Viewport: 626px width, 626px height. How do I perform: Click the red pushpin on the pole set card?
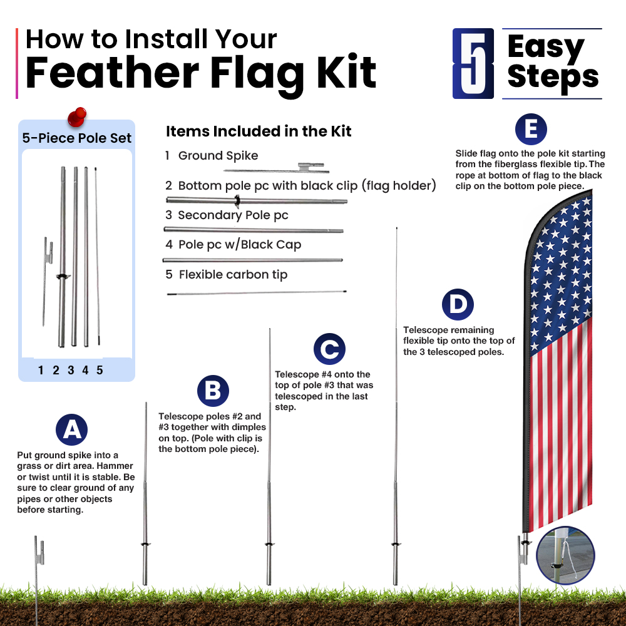point(77,117)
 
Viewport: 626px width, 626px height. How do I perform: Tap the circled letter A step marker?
point(72,429)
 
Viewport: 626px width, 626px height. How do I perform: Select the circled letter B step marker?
point(213,391)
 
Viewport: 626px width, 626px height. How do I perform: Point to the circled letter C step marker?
point(329,349)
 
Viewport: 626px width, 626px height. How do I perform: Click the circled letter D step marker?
point(458,304)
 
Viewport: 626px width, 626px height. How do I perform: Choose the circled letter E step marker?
point(531,130)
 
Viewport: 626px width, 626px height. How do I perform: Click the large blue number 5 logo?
point(473,63)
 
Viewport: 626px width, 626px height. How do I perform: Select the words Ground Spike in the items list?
point(218,155)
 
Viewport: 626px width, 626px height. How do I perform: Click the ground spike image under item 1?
point(276,168)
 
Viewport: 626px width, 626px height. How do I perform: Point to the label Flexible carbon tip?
point(233,275)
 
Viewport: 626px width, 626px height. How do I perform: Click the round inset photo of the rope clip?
point(565,556)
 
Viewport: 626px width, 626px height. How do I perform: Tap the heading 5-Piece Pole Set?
point(76,138)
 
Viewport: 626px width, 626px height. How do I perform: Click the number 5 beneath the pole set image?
point(100,370)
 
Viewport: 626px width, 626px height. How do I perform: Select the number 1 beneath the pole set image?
point(41,370)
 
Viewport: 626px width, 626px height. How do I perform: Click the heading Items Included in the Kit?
point(259,131)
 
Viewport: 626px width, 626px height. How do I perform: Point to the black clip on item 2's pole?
point(237,201)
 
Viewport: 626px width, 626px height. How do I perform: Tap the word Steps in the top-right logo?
point(553,78)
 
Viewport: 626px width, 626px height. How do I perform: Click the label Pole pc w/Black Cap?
point(240,244)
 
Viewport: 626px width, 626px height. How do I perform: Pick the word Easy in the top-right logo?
point(546,47)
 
